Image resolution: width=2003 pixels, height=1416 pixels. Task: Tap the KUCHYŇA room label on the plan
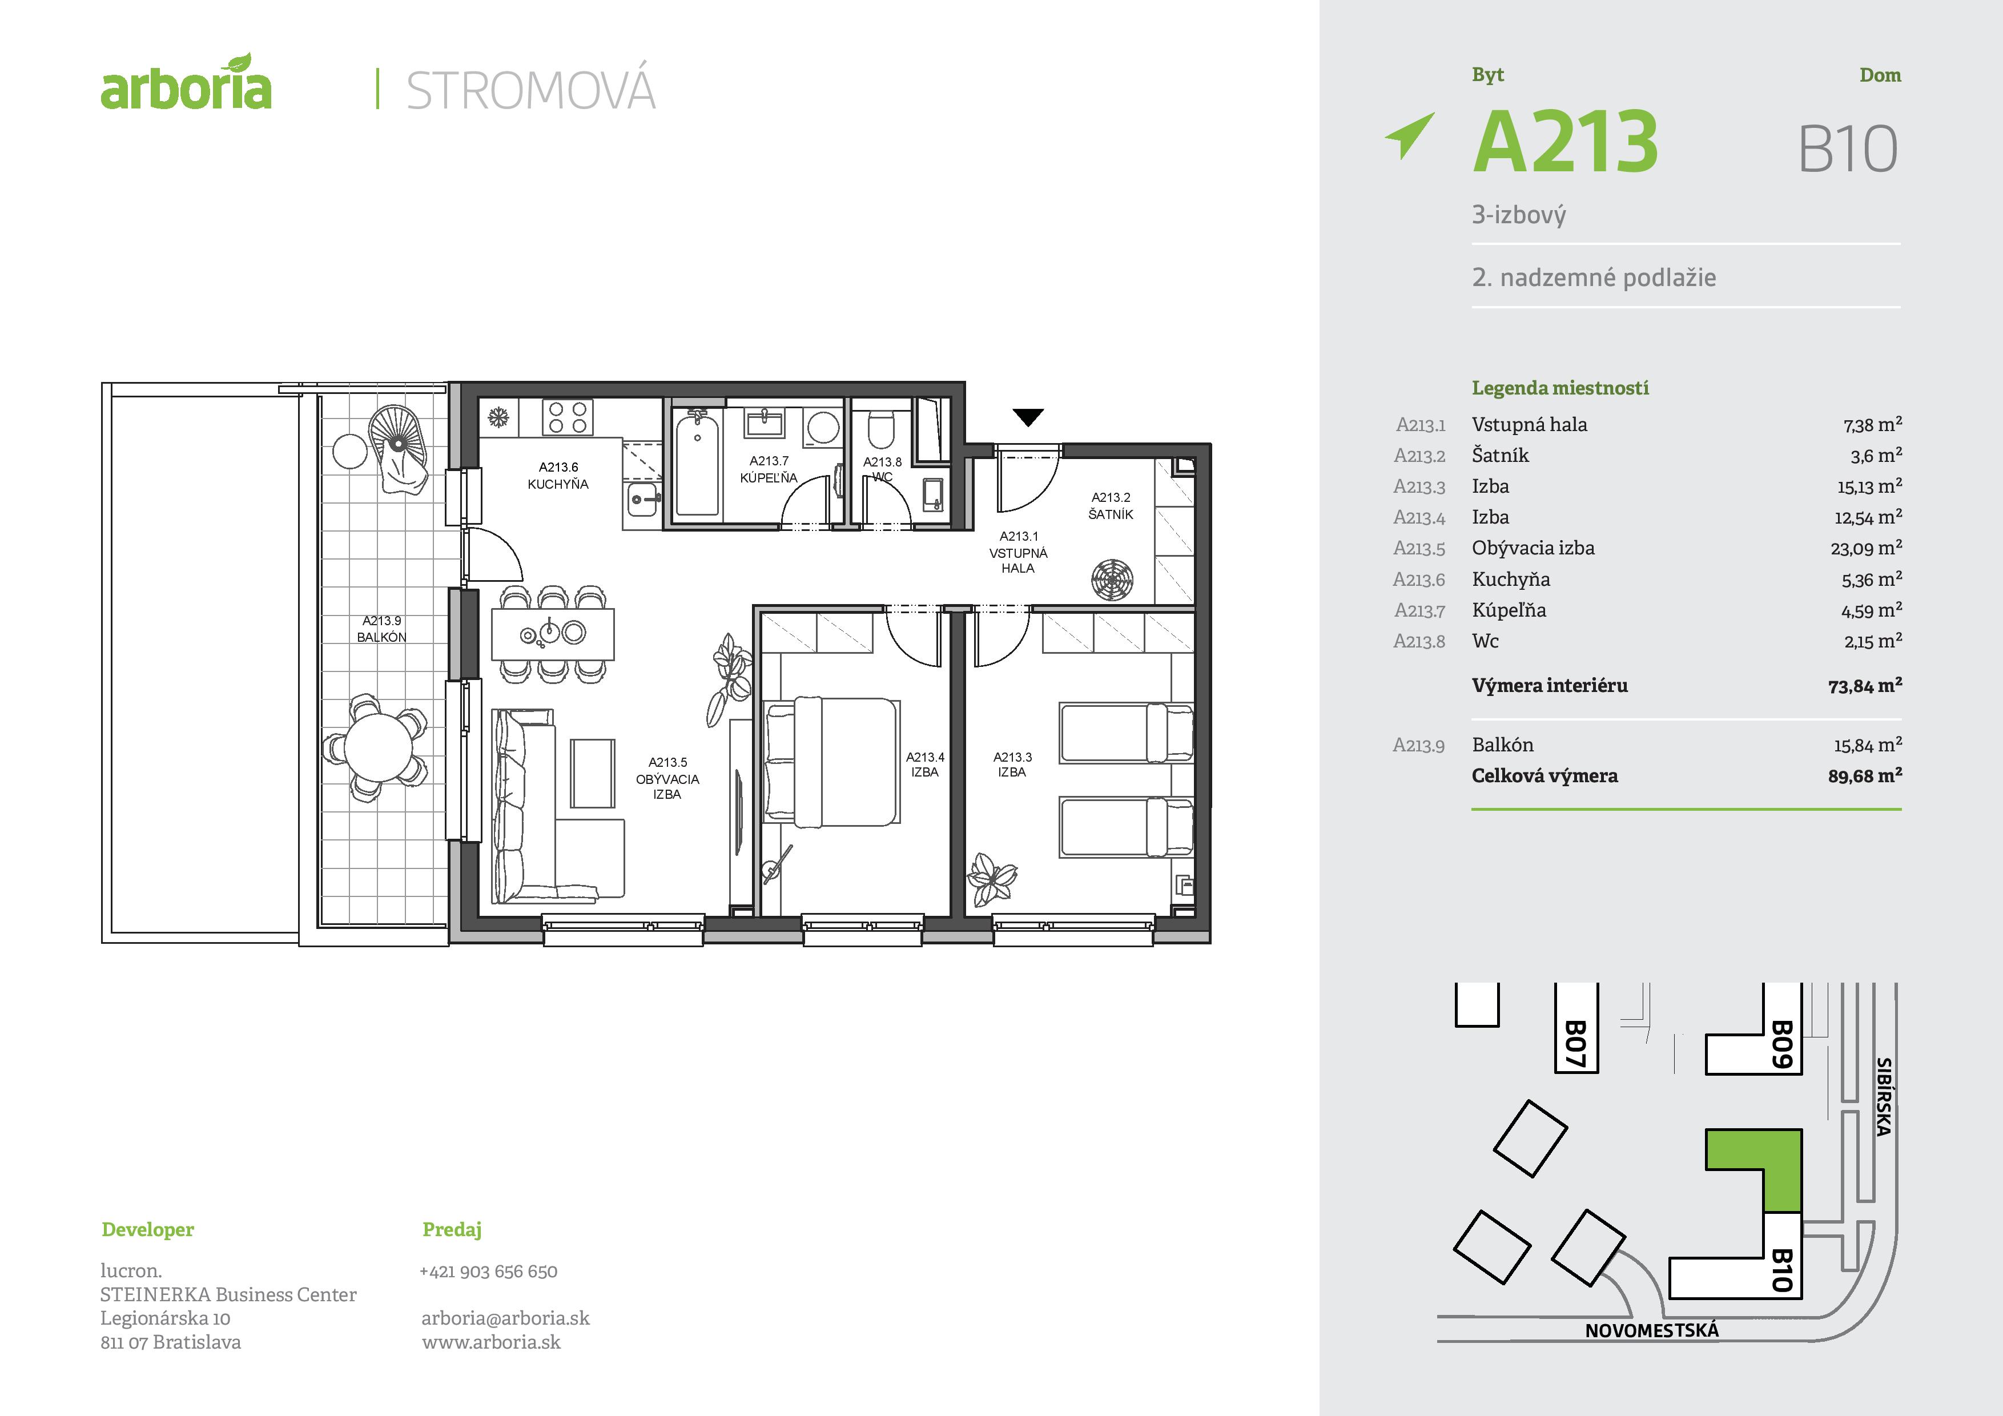[x=558, y=476]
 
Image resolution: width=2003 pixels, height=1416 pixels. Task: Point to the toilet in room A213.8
[x=881, y=429]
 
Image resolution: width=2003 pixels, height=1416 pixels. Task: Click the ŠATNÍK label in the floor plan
[x=1111, y=506]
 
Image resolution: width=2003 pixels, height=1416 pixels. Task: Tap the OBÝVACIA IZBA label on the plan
[x=667, y=778]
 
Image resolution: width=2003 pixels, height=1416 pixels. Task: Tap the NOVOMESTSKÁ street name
[x=1651, y=1330]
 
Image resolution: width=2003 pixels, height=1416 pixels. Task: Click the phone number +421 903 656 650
[x=489, y=1271]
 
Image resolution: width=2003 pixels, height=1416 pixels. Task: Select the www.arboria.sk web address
[x=491, y=1342]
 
